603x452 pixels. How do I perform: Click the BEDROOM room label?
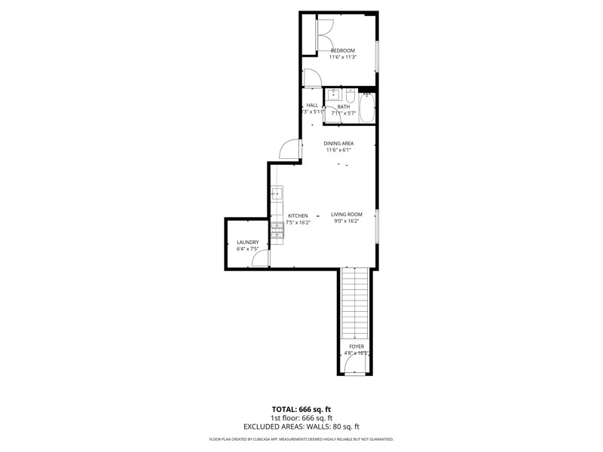(342, 50)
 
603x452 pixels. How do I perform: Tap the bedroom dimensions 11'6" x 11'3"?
(342, 57)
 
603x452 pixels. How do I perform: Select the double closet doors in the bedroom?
(325, 35)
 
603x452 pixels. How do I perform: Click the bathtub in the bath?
(367, 108)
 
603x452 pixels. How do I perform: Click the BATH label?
(344, 106)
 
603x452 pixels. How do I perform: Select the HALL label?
(312, 105)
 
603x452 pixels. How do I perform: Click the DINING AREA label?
(338, 143)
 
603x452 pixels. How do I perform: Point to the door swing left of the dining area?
(291, 150)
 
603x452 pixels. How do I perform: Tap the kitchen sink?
(277, 194)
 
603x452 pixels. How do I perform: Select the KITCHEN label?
(298, 216)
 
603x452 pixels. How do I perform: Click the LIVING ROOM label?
(347, 215)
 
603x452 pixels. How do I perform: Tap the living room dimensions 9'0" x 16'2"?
(346, 221)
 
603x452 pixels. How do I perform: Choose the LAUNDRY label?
(247, 243)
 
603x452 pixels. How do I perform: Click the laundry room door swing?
(261, 259)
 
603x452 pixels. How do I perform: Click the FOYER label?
(356, 347)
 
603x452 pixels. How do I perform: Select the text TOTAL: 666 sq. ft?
(301, 409)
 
